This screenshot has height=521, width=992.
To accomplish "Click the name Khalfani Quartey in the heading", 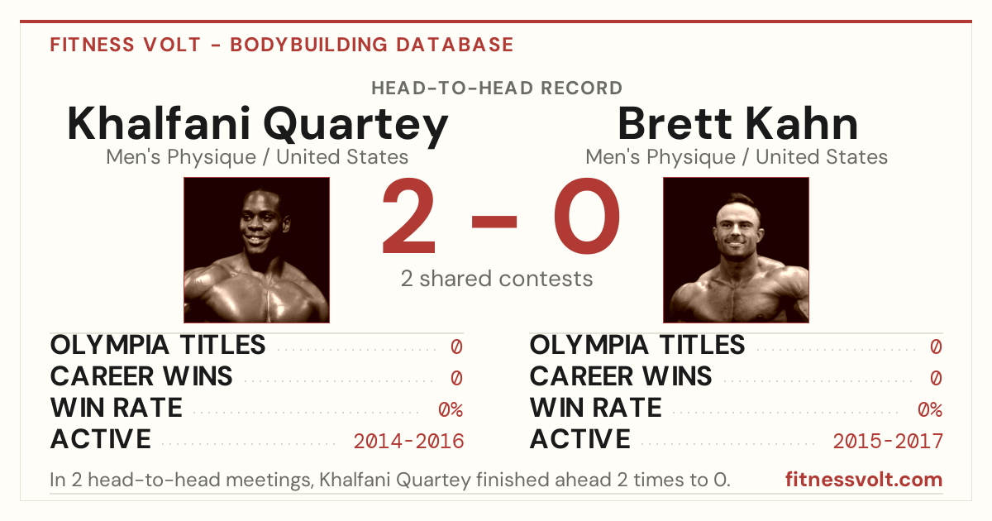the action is click(258, 125).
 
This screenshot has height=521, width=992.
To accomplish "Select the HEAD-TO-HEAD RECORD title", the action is click(497, 88).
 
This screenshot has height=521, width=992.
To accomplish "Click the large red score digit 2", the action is click(408, 216).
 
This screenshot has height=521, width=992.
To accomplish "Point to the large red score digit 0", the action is click(587, 216).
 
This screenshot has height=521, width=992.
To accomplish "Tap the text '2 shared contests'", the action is click(497, 279).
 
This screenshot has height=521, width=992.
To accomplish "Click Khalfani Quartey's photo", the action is click(257, 251).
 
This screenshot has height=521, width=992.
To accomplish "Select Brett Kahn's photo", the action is click(736, 251).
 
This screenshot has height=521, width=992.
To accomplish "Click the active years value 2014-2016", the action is click(408, 442).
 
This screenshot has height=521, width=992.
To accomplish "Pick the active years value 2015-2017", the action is click(888, 442).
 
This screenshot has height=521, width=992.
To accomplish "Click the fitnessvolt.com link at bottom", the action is click(864, 480).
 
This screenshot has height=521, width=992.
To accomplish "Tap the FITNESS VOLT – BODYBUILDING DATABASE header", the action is click(282, 45).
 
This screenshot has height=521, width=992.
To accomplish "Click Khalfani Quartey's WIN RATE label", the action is click(116, 408).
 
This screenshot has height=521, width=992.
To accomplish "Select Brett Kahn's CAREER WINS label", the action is click(621, 376).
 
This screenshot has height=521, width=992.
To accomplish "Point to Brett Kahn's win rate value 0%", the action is click(930, 410).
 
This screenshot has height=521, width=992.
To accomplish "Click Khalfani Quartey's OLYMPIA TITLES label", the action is click(158, 345).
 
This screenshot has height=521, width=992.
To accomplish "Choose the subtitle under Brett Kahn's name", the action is click(737, 157).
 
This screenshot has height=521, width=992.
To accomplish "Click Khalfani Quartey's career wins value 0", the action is click(456, 379).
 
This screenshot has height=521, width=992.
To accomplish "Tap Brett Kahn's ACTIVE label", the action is click(579, 439).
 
